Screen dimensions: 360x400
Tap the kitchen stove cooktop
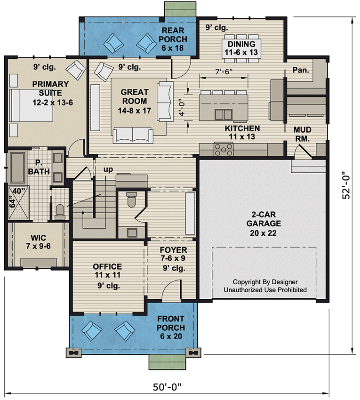point(224,149)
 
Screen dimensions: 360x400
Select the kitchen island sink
point(224,114)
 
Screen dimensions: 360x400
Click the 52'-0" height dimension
point(346,184)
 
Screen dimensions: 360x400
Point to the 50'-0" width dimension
point(167,387)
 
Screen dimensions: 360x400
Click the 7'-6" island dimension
point(224,72)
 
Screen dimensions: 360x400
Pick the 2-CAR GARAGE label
point(264,224)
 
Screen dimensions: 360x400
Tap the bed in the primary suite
point(31,105)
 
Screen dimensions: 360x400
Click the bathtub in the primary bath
point(17,168)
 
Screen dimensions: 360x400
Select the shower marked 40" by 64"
point(19,203)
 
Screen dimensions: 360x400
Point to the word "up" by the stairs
point(108,169)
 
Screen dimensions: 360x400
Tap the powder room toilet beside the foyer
point(132,200)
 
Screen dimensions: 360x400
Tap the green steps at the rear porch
point(180,9)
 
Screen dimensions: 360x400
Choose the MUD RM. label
point(302,134)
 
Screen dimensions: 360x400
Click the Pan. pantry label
point(301,70)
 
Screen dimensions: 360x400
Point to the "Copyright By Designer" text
point(265,282)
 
